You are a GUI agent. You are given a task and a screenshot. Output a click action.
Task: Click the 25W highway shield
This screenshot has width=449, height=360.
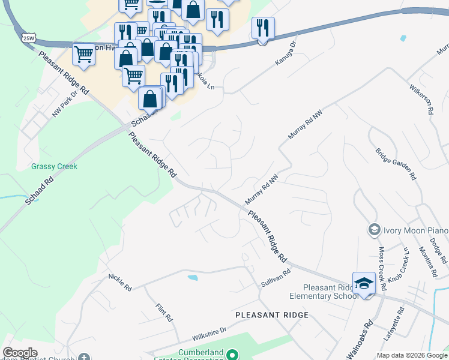pos(29,37)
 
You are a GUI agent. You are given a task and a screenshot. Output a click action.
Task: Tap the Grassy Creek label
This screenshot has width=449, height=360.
pos(54,166)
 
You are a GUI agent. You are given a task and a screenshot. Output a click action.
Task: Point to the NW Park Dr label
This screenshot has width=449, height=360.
pos(66,103)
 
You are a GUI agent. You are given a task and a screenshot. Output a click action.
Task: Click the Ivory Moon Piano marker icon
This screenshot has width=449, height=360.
pos(374,229)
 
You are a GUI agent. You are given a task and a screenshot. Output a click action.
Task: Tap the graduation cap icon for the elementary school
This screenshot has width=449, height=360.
pos(364,282)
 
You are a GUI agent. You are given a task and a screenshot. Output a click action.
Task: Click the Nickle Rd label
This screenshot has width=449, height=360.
pos(120,283)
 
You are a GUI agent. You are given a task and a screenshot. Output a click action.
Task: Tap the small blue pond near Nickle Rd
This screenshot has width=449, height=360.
pos(193,278)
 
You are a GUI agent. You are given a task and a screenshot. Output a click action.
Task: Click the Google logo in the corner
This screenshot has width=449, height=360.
pos(20,353)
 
